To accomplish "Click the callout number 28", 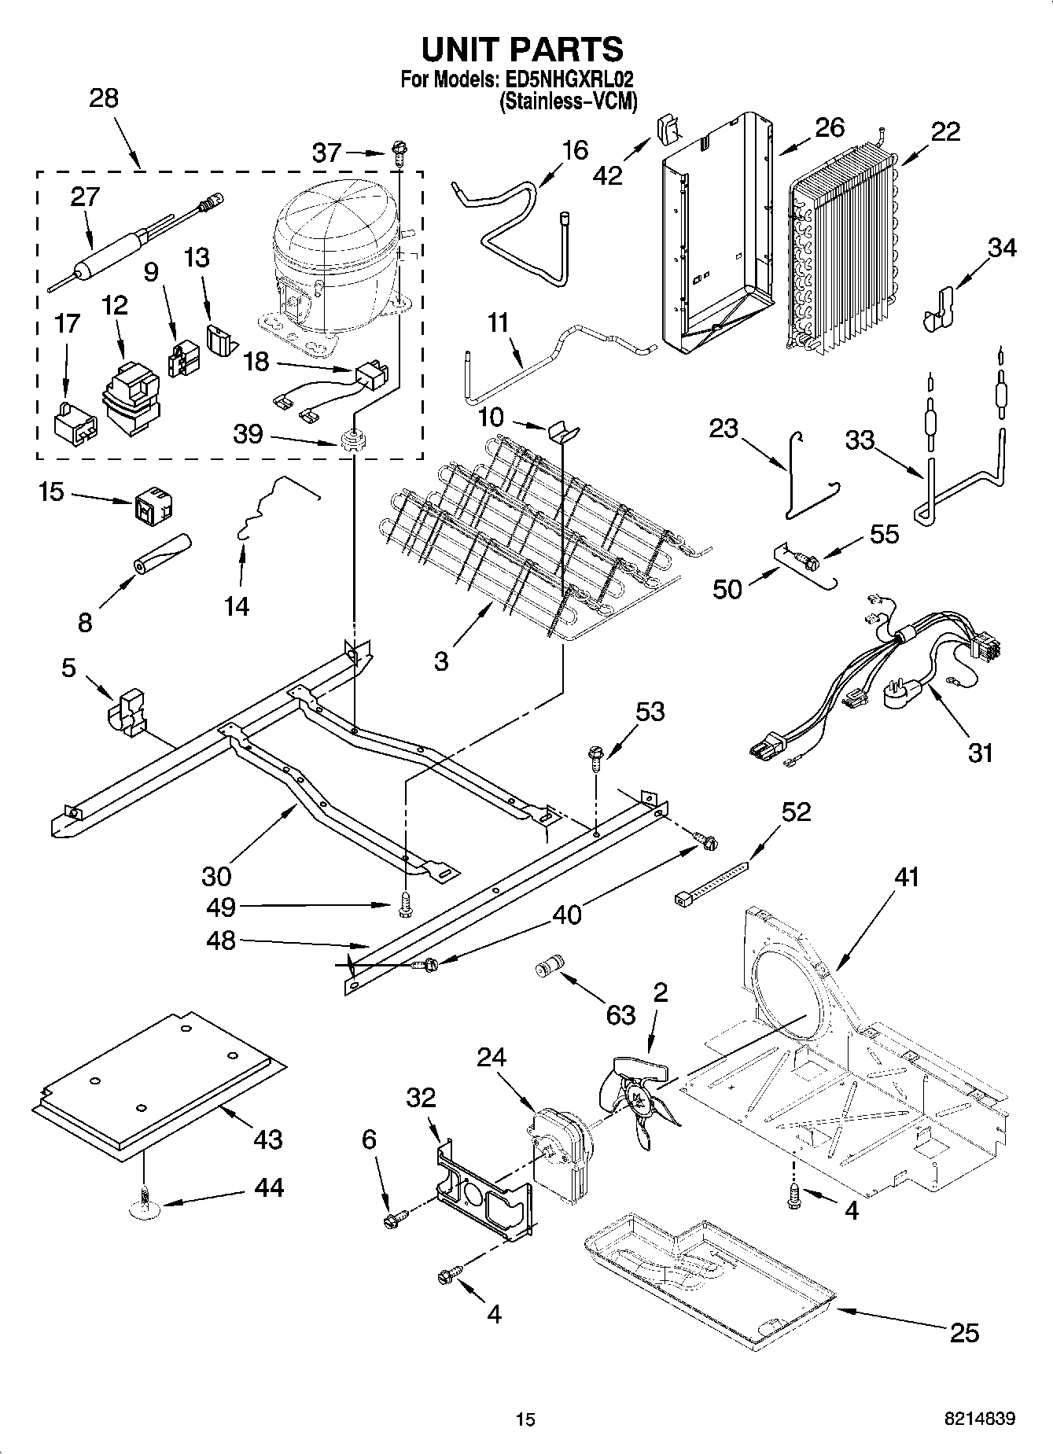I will point(104,98).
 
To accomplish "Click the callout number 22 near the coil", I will point(945,131).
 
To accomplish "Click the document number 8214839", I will point(979,1419).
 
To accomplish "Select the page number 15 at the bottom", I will point(525,1419).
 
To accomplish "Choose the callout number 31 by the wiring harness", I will point(980,752).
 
